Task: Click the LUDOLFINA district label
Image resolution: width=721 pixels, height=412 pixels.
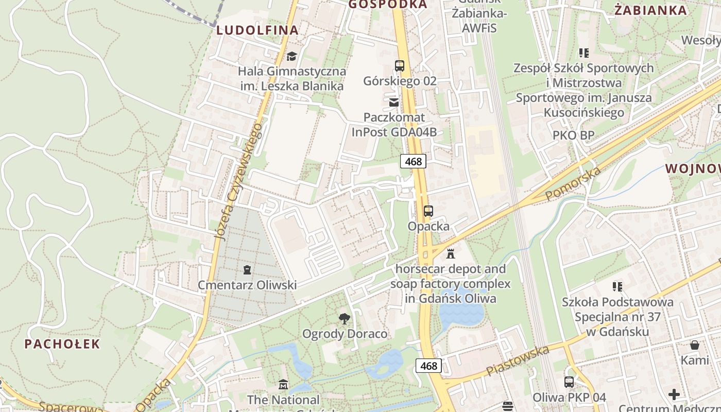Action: [x=257, y=30]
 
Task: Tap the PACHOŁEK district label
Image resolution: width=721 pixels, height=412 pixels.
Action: [x=62, y=344]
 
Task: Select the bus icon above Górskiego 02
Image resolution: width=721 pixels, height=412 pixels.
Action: [x=400, y=66]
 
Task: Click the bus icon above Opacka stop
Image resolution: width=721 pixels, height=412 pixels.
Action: [x=428, y=211]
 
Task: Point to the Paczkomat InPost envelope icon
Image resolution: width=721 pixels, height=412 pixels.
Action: [x=394, y=102]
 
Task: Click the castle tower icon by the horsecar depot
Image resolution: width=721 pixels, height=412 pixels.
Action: [x=451, y=253]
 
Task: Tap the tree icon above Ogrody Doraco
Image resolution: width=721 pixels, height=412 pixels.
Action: [x=345, y=319]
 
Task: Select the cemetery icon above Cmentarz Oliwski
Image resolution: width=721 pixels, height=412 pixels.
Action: [x=247, y=269]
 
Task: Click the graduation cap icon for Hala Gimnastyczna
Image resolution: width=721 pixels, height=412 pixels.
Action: [x=292, y=56]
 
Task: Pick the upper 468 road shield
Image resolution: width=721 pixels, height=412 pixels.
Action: [x=413, y=162]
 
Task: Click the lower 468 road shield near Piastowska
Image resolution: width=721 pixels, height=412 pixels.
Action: [x=428, y=366]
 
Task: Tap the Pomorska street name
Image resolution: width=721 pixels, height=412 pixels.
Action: [x=573, y=184]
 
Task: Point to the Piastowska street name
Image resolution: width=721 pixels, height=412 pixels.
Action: [x=517, y=360]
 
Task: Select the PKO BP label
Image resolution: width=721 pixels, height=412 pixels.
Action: [x=573, y=135]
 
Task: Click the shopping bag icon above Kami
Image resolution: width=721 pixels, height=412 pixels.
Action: [x=695, y=345]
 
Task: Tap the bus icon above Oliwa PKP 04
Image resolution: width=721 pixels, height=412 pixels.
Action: [x=569, y=382]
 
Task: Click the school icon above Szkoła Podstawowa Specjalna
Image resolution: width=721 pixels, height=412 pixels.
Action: [x=617, y=287]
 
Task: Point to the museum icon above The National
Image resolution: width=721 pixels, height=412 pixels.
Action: [x=283, y=385]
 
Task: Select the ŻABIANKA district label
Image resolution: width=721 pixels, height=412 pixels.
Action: [x=651, y=10]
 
